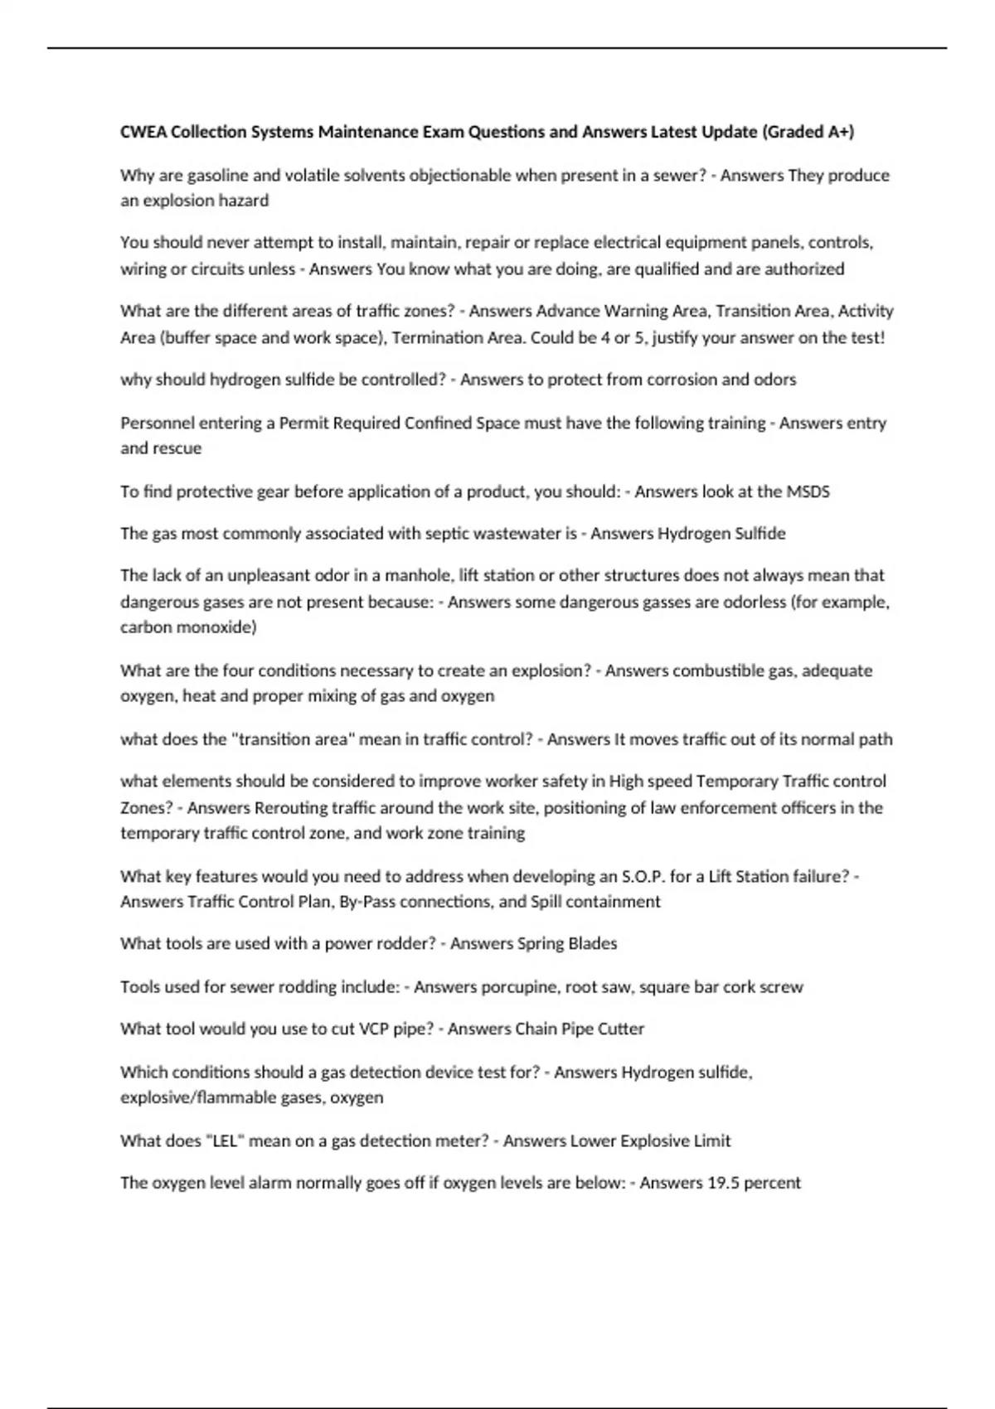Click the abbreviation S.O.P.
[643, 877]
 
